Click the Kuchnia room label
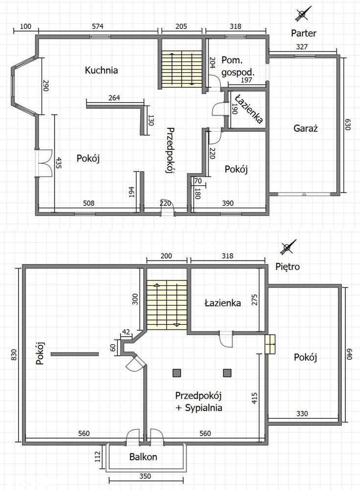click(101, 70)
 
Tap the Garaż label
click(306, 128)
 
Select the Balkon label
click(143, 457)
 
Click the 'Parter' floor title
click(304, 33)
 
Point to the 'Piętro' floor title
click(288, 267)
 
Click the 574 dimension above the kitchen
click(97, 26)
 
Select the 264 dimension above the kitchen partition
click(115, 98)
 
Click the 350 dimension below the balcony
click(145, 476)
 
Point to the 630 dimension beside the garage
click(348, 124)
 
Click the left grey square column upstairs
click(177, 373)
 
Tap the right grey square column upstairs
click(227, 373)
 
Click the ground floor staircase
click(182, 70)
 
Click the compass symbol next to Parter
click(303, 14)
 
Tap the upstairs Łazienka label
click(223, 303)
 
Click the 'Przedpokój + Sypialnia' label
click(199, 402)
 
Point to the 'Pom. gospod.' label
click(238, 66)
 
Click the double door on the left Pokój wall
click(44, 164)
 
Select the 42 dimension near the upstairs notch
click(125, 332)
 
